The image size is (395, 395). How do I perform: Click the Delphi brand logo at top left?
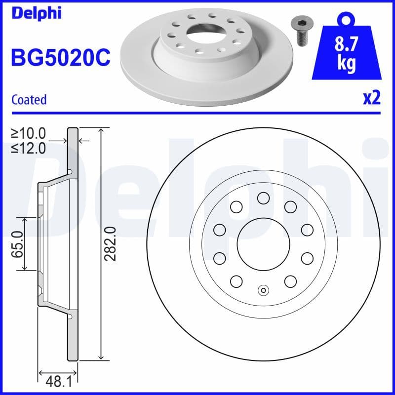[36, 13]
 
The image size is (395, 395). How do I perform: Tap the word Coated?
[29, 99]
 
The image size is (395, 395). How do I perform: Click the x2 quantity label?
[371, 98]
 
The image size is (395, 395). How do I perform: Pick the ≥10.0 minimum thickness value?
[29, 133]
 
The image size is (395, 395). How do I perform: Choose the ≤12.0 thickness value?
[29, 148]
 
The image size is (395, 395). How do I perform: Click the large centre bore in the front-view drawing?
[263, 243]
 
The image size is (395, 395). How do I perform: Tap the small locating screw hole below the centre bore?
[263, 290]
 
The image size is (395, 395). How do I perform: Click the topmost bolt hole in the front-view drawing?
[263, 198]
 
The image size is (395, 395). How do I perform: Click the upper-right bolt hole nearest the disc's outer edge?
[307, 229]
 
